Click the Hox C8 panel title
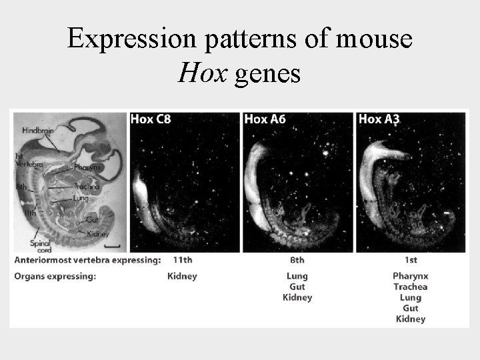click(x=151, y=120)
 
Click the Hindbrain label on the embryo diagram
click(x=38, y=131)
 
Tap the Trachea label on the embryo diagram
click(x=87, y=186)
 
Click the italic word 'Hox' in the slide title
click(x=195, y=73)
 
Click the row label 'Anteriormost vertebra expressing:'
click(x=87, y=259)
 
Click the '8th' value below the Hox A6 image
click(x=297, y=259)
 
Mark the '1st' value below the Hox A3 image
click(x=410, y=259)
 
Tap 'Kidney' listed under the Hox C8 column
click(x=182, y=276)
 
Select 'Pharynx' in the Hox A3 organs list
click(x=411, y=276)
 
